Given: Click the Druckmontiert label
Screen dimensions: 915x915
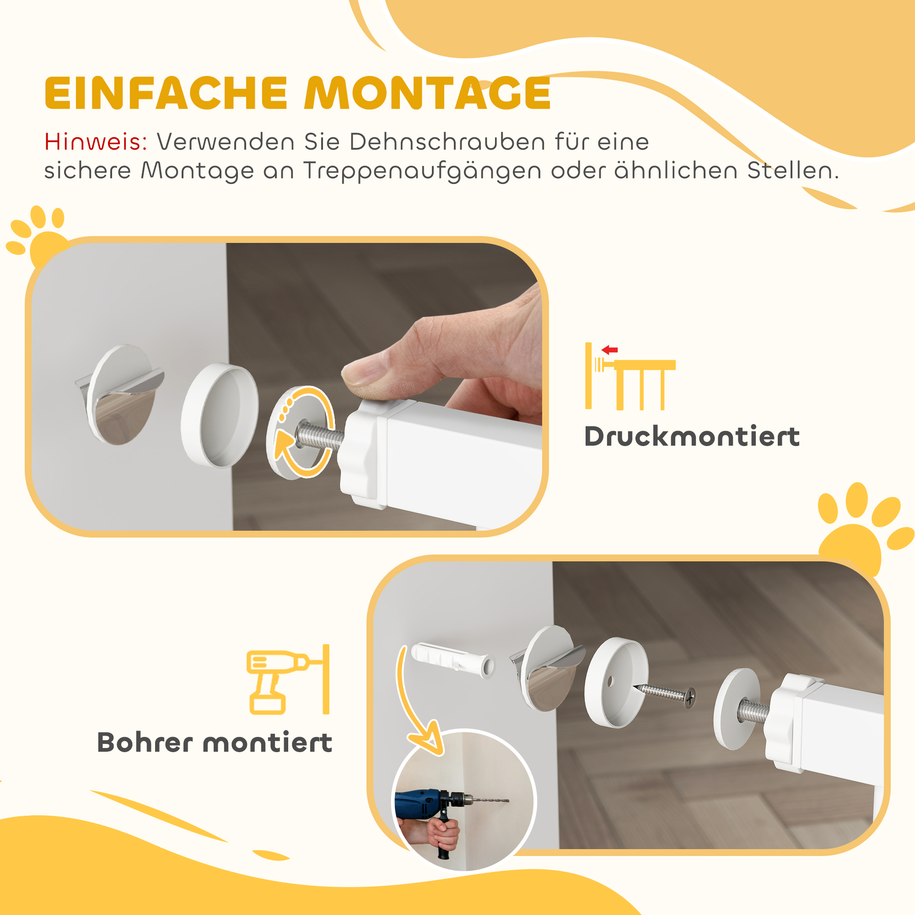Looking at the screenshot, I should click(692, 436).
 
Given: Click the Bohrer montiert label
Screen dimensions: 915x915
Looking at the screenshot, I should click(215, 742).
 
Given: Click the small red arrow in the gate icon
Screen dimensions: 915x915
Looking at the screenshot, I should click(609, 350).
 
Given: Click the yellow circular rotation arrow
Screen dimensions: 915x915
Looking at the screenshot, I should click(303, 431).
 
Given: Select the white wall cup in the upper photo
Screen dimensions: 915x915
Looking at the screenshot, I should click(220, 415).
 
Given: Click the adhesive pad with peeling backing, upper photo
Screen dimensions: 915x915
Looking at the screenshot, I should click(121, 394).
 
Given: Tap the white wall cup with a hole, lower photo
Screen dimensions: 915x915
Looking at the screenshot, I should click(616, 682).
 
